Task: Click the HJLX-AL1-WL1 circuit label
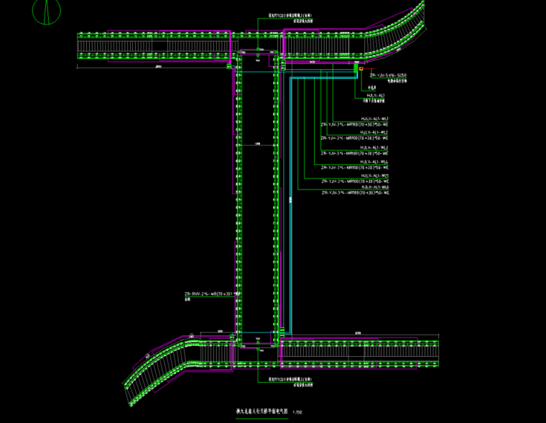click(x=376, y=118)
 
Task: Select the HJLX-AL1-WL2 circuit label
click(x=376, y=133)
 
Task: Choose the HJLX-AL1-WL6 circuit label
click(x=376, y=187)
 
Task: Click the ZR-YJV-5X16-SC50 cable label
click(x=389, y=75)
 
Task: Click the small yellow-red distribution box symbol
click(x=361, y=88)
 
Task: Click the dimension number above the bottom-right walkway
click(x=357, y=332)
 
